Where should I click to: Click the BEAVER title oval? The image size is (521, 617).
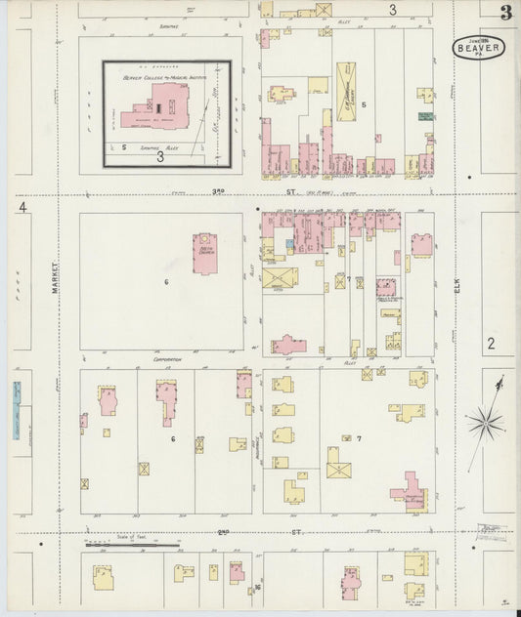478,47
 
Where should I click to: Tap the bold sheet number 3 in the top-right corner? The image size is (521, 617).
505,13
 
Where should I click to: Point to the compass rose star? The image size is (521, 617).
484,423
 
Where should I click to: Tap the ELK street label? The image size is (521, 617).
456,284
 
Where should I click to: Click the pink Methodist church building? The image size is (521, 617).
206,253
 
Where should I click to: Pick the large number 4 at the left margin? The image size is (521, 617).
21,207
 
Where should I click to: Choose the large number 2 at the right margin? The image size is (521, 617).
491,343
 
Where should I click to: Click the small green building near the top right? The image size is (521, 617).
425,116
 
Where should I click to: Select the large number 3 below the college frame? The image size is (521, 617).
159,155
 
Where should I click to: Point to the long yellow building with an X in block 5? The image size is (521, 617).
346,92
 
